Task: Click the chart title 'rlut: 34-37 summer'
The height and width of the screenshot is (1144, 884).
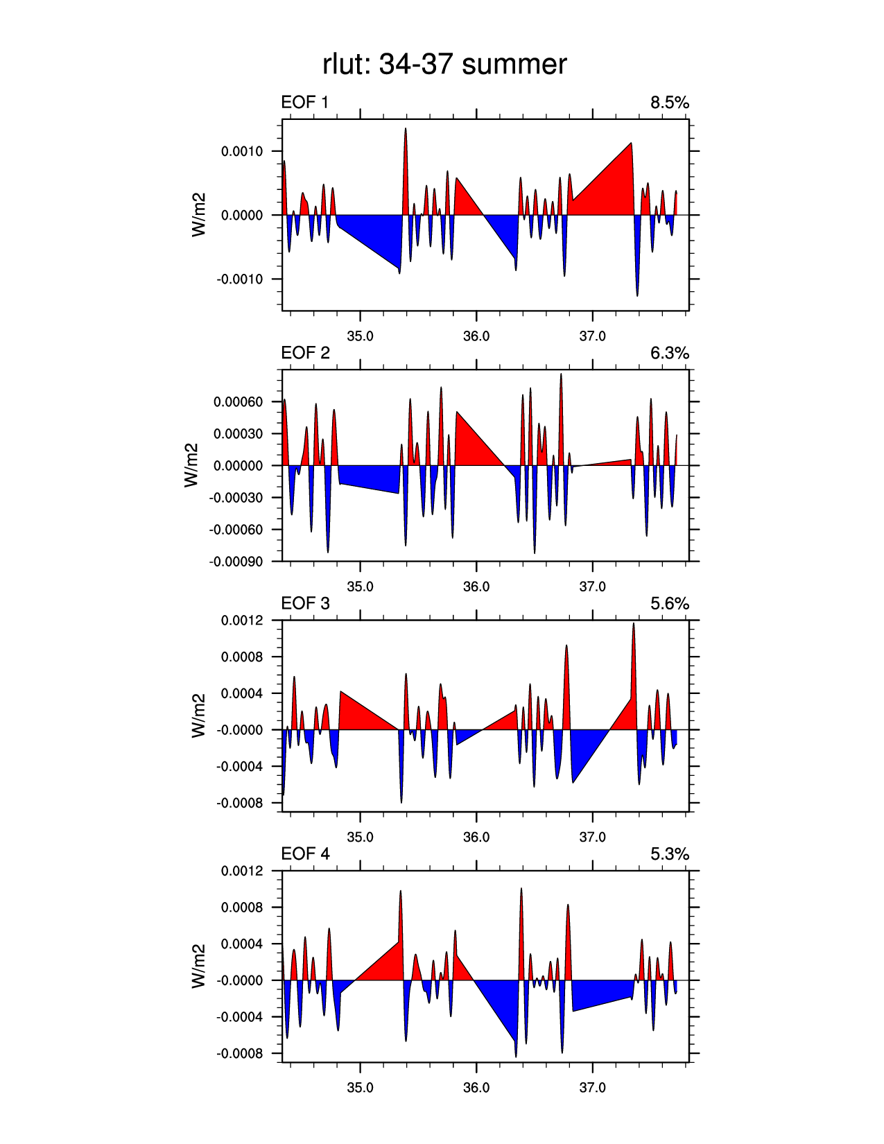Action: click(x=444, y=64)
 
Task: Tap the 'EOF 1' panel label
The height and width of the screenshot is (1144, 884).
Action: click(x=304, y=103)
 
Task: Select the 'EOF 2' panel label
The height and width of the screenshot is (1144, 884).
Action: click(x=305, y=353)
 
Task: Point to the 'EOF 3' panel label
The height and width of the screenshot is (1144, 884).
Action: click(x=305, y=603)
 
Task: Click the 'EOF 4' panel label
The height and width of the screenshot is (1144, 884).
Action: click(x=305, y=853)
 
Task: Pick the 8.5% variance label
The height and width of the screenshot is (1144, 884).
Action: click(x=669, y=103)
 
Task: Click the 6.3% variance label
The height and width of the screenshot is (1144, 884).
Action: click(x=669, y=354)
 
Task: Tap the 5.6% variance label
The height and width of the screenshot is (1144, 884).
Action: click(x=669, y=604)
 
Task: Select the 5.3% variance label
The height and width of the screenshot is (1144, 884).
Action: click(x=669, y=854)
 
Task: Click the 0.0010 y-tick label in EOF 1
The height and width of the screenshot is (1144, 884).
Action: click(x=242, y=151)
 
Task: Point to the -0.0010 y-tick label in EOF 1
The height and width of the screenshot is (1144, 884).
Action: click(x=240, y=279)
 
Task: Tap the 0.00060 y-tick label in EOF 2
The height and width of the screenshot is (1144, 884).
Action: click(x=239, y=402)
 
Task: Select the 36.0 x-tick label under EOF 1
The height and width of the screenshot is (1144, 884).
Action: click(x=476, y=336)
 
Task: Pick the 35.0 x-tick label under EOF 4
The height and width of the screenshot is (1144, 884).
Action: click(x=360, y=1087)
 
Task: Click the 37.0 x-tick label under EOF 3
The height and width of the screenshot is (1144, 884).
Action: click(x=592, y=837)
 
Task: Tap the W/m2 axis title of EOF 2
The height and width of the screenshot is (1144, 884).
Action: click(x=191, y=465)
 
